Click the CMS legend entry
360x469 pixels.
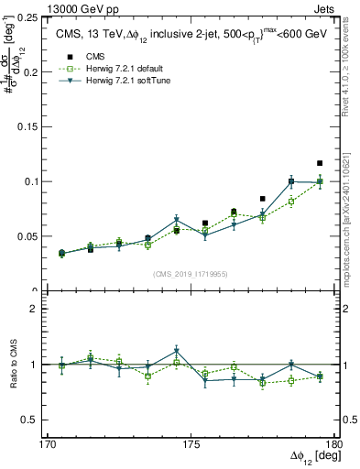coord(96,56)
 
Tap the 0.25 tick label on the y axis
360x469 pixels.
coord(29,17)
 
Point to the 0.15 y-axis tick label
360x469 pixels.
coord(29,126)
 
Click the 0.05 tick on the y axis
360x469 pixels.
coord(29,236)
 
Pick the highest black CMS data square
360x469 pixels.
coord(320,163)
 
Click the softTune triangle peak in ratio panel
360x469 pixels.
coord(176,352)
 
